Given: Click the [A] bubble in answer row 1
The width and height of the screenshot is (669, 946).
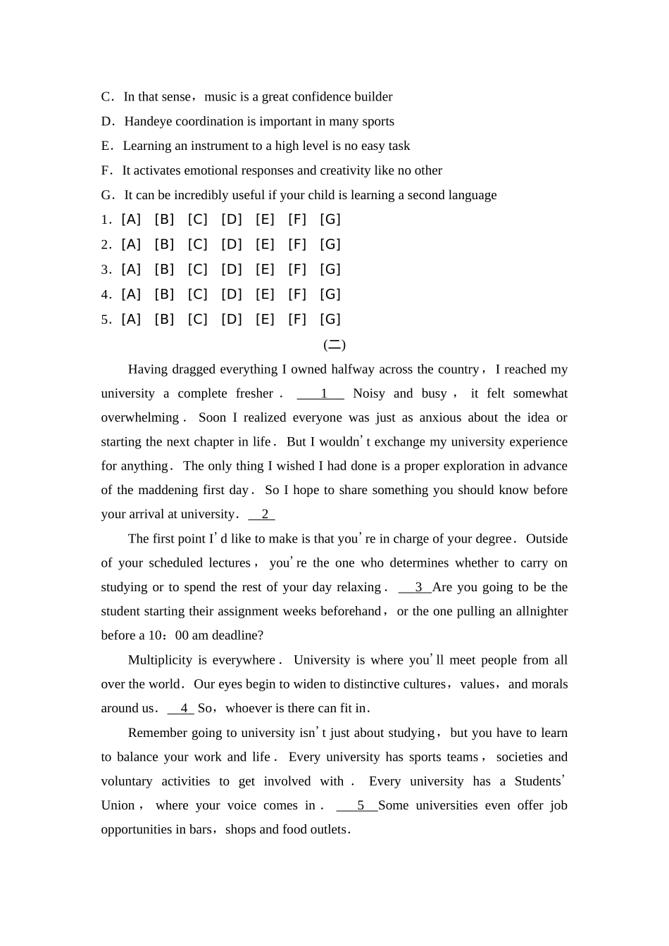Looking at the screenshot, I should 131,220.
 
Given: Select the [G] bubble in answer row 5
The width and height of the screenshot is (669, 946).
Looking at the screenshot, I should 330,320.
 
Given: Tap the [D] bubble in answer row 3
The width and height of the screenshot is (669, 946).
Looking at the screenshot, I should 231,270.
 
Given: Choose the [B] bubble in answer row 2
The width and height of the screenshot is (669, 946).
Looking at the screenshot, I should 164,245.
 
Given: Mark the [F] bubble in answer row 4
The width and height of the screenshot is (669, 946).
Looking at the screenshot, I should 297,294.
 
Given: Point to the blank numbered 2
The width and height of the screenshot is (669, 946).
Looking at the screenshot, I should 262,515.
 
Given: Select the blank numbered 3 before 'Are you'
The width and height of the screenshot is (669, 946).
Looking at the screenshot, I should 415,588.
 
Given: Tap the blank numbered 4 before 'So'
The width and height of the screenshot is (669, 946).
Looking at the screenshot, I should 182,709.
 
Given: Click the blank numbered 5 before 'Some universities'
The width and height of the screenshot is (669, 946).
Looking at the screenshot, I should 358,806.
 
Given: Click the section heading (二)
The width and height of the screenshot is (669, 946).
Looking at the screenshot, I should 334,345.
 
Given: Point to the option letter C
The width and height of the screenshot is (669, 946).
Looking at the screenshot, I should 106,97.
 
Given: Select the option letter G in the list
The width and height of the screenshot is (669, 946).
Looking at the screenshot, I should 106,196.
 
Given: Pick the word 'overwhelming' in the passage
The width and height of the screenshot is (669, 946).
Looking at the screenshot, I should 140,418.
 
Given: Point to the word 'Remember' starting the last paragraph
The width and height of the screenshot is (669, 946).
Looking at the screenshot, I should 157,733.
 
